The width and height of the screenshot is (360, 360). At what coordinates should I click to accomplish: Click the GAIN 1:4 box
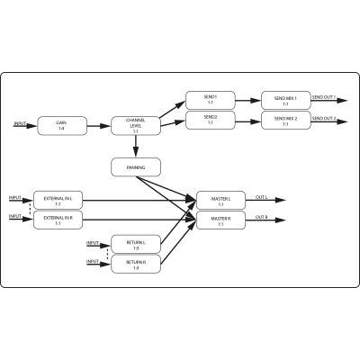click(x=61, y=125)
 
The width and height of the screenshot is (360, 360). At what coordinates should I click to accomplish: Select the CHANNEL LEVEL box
click(x=135, y=126)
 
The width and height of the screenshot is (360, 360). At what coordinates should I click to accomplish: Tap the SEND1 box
click(x=211, y=98)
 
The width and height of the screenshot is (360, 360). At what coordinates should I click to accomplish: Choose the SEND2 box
click(x=211, y=119)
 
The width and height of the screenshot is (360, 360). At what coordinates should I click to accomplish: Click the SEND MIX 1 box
click(x=285, y=98)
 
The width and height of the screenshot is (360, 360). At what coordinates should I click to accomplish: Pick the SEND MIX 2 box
click(x=285, y=119)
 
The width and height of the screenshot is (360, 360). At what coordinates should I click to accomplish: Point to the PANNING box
click(x=135, y=166)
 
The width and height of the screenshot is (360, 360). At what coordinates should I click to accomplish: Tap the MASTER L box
click(x=221, y=200)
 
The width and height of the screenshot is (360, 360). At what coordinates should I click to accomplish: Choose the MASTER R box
click(x=221, y=219)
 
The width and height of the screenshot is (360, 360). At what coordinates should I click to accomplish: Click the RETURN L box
click(x=135, y=244)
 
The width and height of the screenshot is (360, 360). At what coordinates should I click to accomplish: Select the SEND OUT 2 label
click(x=324, y=117)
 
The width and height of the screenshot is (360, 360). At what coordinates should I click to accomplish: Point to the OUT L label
click(x=262, y=196)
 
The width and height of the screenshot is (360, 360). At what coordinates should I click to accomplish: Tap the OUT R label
click(x=262, y=216)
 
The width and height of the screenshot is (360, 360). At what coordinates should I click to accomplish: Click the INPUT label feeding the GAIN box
click(x=20, y=122)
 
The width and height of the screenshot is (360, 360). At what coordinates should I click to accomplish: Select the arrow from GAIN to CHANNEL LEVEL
click(x=98, y=125)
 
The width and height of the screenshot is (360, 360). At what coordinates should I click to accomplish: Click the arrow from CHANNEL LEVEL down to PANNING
click(x=135, y=147)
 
